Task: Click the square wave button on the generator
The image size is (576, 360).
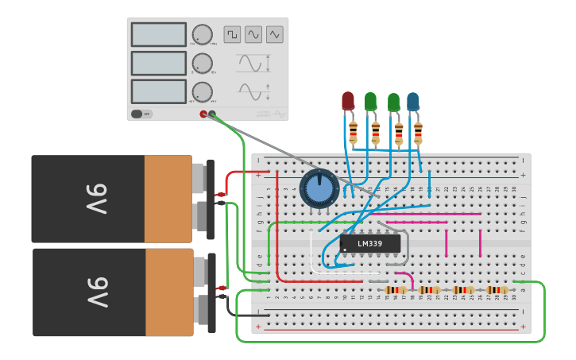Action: point(232,34)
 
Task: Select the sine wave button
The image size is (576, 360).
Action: point(253,34)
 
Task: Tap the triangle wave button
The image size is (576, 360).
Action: point(275,34)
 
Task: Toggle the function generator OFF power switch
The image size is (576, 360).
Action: point(141,114)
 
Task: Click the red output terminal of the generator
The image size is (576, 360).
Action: point(203,114)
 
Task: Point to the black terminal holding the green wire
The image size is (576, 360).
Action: point(212,114)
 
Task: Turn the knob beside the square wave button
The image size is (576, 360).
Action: point(203,34)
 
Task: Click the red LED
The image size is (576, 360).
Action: point(348,100)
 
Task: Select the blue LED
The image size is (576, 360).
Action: point(413,101)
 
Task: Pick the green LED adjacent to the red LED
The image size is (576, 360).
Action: point(370,101)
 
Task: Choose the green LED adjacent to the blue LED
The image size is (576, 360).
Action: point(393,102)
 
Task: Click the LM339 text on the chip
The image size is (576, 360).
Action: point(369,244)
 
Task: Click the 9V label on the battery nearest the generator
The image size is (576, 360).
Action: point(95,199)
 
